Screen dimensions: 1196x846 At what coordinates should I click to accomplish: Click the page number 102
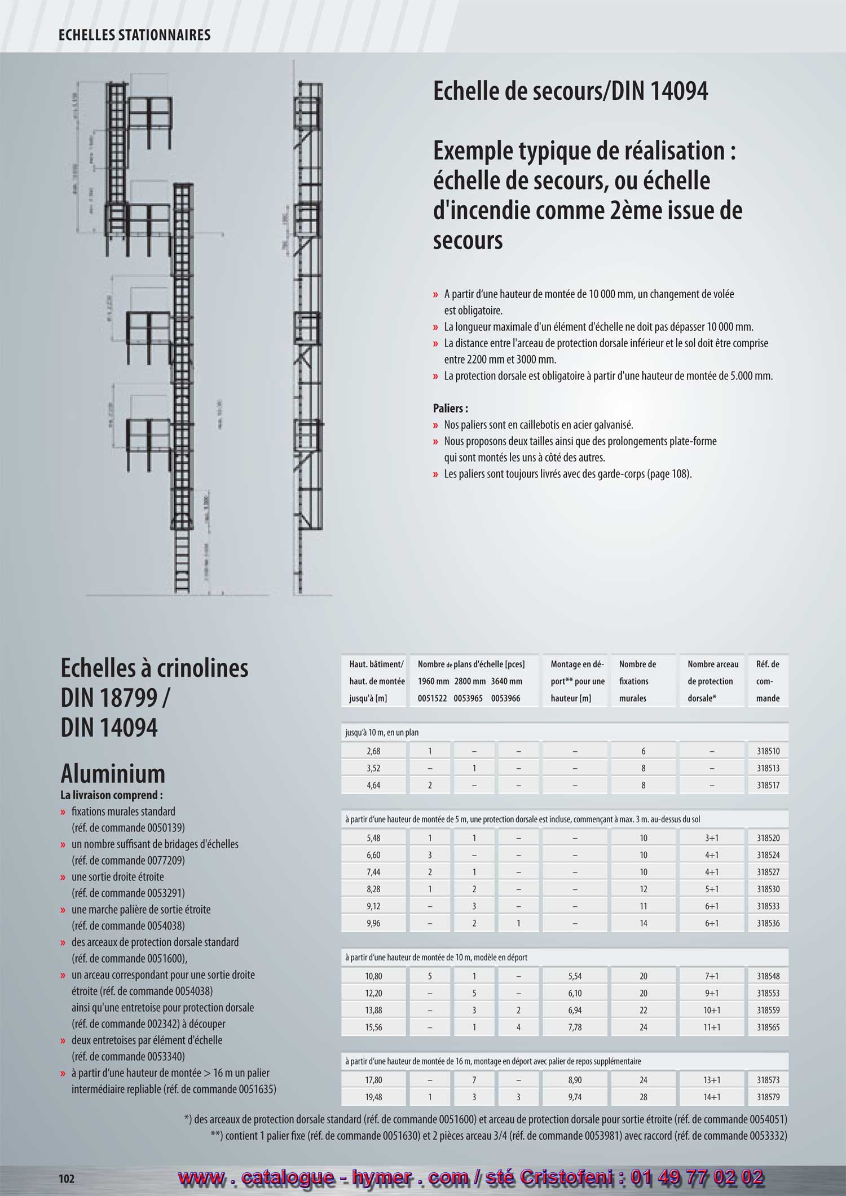coord(67,1179)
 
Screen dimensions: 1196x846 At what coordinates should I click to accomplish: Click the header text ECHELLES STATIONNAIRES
coord(134,35)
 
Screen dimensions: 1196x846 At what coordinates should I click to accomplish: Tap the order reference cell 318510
coord(768,751)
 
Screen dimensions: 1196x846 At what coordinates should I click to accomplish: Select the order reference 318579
coord(768,1097)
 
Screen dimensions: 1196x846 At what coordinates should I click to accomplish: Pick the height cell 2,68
coord(373,751)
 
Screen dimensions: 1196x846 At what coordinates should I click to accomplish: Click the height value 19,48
coord(373,1097)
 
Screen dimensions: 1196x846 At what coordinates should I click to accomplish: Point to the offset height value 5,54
coord(575,976)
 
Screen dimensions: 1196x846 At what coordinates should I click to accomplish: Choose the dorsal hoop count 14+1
coord(712,1097)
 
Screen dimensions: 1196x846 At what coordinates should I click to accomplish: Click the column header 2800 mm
coord(470,681)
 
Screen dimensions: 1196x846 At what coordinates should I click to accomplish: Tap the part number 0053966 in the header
coord(506,698)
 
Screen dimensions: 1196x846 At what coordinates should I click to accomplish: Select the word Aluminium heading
coord(113,773)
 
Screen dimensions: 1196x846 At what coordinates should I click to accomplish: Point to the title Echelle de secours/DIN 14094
coord(570,91)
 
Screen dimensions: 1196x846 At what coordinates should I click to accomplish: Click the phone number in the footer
coord(697,1177)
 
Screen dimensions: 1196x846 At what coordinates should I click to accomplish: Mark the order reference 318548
coord(768,976)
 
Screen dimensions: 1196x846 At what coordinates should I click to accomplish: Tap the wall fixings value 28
coord(643,1097)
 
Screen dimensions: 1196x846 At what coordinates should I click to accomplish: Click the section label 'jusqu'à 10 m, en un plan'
coord(382,732)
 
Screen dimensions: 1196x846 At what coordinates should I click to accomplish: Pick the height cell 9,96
coord(373,923)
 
